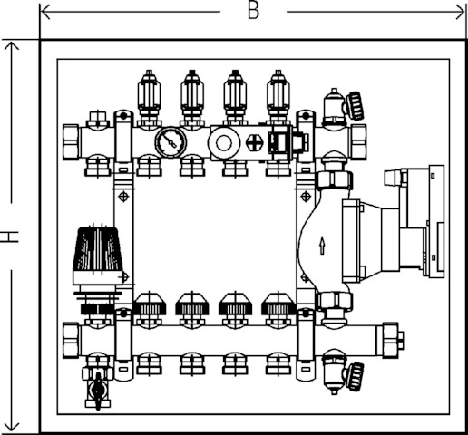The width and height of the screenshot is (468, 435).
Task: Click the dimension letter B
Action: coord(253,12)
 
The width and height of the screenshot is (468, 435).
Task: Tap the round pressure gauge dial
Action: coord(171,142)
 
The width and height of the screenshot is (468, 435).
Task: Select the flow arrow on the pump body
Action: coord(322,245)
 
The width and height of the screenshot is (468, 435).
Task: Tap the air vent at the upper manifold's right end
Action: coord(343,107)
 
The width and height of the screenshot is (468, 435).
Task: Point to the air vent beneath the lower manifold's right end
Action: coord(343,374)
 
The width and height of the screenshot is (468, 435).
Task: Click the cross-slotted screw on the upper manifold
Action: coord(254,142)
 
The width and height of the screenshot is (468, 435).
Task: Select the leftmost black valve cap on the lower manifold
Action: coord(149,304)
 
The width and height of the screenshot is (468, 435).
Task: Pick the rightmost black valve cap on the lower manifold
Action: coord(278,304)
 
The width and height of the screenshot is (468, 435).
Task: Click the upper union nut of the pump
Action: coord(334,180)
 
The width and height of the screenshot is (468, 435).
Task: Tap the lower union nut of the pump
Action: coord(334,301)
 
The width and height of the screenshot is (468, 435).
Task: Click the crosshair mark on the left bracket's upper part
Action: coord(123,197)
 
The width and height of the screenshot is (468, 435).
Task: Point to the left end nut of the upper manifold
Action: coord(71,142)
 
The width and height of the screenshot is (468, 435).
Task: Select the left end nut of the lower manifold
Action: coord(71,341)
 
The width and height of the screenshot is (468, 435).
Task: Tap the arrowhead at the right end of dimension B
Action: coord(461,12)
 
